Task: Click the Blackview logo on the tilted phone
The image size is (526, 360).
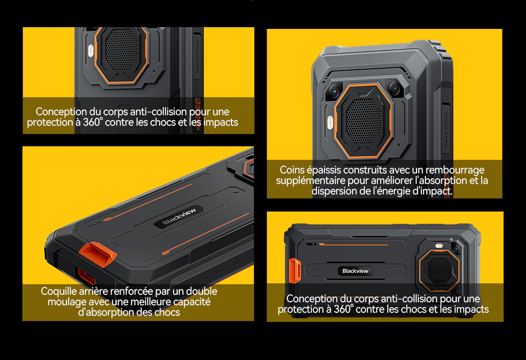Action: tap(179, 217)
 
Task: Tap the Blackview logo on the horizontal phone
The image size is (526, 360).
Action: tap(355, 271)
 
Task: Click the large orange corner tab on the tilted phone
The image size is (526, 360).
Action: tap(98, 254)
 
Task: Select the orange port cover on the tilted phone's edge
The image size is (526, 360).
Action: tap(86, 276)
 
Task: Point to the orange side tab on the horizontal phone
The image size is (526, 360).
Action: tap(295, 271)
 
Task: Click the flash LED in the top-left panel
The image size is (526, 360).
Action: tap(91, 51)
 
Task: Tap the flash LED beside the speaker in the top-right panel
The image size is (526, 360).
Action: tap(331, 123)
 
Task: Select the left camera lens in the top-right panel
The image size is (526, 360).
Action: tap(334, 91)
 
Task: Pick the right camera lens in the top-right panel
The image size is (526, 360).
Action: tap(395, 88)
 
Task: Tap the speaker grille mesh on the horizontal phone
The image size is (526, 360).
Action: tap(439, 270)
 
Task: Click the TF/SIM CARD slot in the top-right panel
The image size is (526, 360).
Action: tap(446, 129)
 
